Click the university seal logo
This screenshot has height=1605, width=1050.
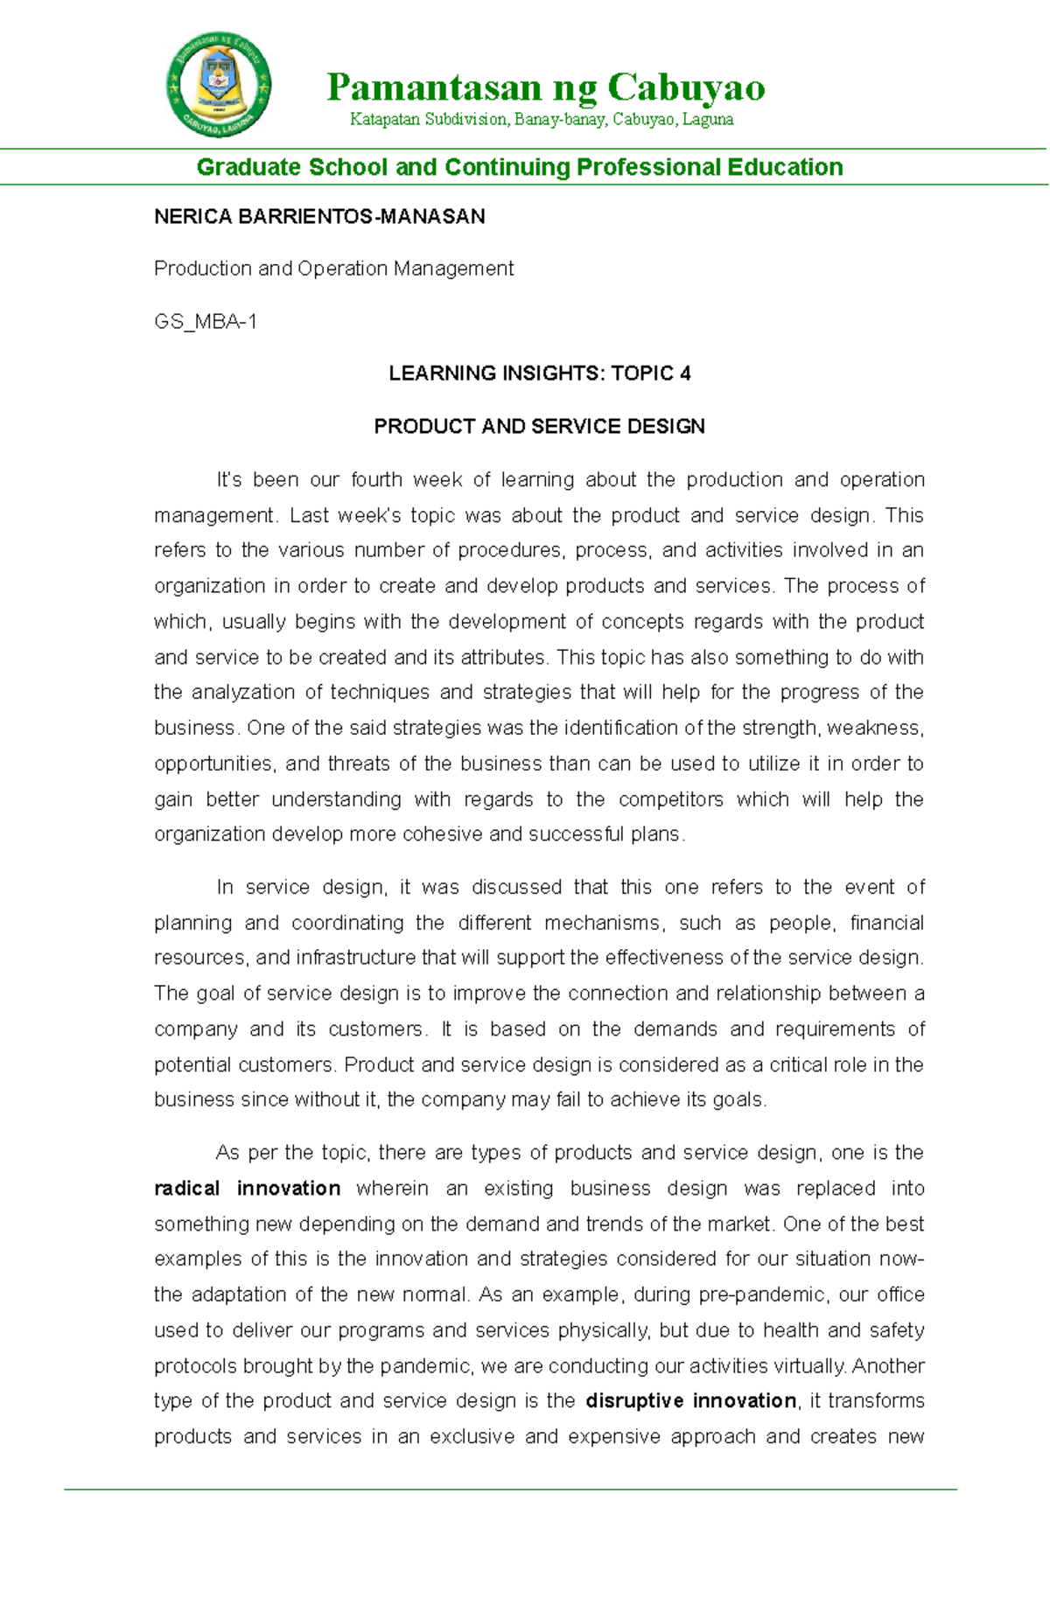219,85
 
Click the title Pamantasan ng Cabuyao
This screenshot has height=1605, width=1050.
546,87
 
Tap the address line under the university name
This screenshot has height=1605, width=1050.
542,119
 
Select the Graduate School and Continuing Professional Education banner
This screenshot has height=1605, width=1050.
520,167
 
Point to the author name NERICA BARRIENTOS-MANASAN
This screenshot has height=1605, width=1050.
319,217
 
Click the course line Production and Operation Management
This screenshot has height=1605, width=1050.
333,269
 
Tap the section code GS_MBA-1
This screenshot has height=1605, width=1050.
206,322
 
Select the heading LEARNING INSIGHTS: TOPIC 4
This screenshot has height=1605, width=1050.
540,373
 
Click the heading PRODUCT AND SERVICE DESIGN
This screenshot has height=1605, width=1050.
539,427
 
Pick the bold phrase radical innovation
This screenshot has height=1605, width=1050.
248,1189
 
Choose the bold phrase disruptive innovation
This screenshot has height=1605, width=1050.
691,1400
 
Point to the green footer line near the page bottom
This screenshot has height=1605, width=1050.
511,1489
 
